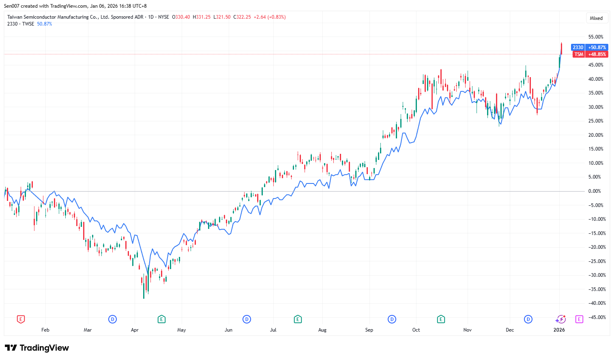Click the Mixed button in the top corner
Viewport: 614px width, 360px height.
596,18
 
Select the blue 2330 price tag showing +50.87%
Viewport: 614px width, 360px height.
589,47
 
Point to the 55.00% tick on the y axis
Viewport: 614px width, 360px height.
596,37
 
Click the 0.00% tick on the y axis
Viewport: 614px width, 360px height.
595,191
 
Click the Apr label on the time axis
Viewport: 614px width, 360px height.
135,330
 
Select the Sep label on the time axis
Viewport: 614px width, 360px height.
369,330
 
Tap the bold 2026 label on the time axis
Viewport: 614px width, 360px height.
559,330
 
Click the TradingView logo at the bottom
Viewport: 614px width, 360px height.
37,348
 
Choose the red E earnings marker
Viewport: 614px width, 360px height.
21,319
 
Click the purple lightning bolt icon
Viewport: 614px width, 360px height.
560,319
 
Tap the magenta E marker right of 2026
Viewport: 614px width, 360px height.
579,319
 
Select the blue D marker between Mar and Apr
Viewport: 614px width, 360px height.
112,319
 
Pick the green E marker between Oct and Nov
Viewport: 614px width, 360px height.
441,319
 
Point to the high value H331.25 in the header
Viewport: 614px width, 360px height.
202,17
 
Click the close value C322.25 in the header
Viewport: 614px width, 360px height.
242,17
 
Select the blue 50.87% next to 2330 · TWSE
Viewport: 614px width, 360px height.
45,24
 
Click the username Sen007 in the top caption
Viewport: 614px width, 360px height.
12,6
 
